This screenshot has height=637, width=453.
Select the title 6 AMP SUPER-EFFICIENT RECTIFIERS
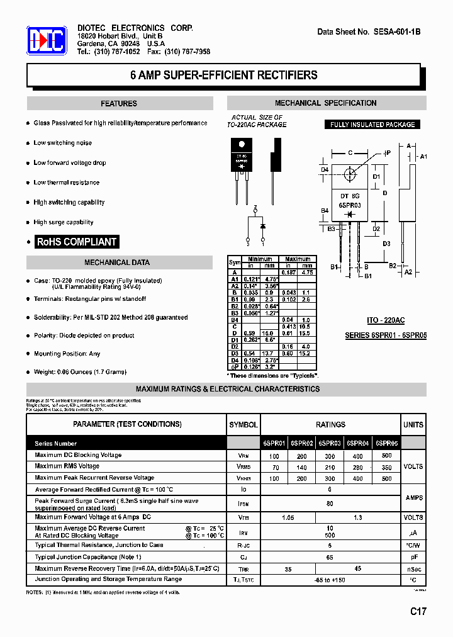[x=223, y=75]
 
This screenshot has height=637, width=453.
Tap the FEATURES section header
[x=119, y=104]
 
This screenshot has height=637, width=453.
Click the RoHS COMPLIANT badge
[x=77, y=242]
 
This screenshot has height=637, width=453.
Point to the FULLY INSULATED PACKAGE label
[x=372, y=125]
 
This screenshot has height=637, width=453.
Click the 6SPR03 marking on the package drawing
[x=349, y=205]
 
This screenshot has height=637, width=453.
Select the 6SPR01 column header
[x=274, y=443]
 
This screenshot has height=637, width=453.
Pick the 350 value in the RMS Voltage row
[x=386, y=468]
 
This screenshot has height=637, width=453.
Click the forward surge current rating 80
[x=330, y=504]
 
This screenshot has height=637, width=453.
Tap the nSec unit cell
[x=413, y=568]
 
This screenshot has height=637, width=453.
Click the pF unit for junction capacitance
[x=413, y=558]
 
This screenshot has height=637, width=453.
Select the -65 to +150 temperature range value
[x=330, y=580]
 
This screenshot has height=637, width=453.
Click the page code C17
[x=419, y=611]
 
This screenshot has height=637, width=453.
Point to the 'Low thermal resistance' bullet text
[x=67, y=183]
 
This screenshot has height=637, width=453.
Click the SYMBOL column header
[x=243, y=425]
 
